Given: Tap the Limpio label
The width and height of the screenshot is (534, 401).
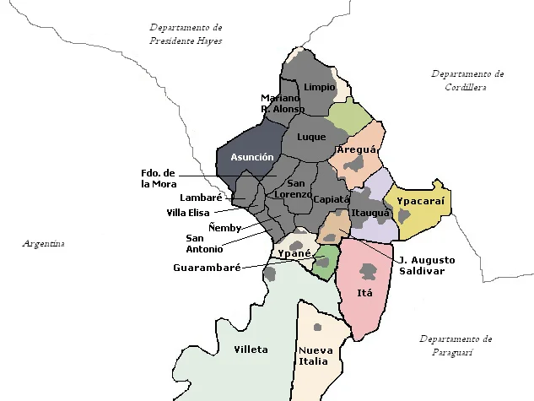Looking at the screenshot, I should [x=320, y=87].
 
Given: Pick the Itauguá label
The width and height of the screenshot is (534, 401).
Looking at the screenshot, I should [x=371, y=213].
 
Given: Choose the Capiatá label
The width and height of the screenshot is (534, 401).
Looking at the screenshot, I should [x=331, y=199].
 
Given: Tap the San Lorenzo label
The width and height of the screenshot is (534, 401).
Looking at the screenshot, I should [x=296, y=189].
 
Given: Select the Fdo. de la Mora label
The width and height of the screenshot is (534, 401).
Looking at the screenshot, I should [x=159, y=178].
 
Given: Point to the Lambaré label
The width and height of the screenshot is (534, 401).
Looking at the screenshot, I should [x=201, y=198].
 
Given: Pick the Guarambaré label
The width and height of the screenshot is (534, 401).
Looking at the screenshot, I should [x=207, y=267].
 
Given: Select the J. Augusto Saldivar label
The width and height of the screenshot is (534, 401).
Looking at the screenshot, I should [x=426, y=265].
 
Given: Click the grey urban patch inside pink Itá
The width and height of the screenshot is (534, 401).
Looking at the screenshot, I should [x=369, y=271].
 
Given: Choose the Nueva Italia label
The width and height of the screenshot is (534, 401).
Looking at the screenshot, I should [x=315, y=355].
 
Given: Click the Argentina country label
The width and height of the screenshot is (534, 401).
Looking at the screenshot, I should [x=43, y=244].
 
